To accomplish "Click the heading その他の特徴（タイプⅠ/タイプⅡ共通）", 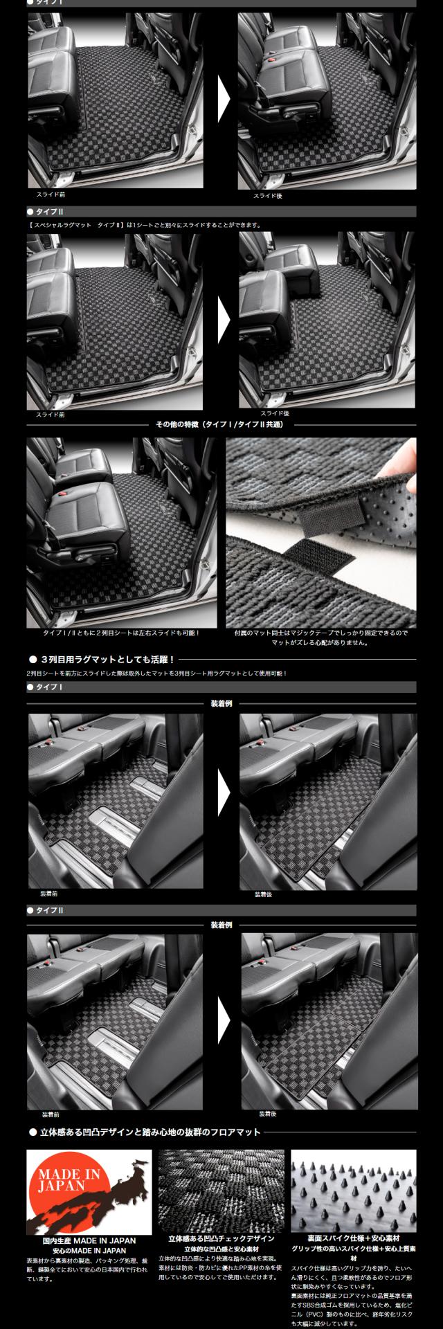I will click(221, 424).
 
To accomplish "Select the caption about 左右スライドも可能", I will click(120, 633).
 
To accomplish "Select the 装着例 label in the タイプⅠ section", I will click(221, 703).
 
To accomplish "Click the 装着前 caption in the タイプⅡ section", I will click(51, 1115).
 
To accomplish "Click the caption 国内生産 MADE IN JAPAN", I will click(89, 1241).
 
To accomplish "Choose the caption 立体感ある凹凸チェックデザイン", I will click(221, 1238).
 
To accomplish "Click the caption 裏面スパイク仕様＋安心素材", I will click(354, 1238).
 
